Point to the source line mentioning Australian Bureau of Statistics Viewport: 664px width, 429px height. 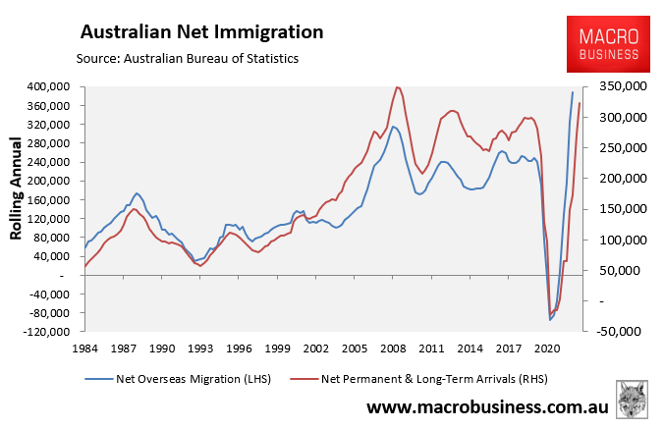194,59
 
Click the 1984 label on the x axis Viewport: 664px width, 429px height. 85,348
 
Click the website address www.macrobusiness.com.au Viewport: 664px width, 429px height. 487,406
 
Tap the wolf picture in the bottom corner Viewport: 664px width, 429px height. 631,401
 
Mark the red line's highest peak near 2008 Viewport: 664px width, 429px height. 397,86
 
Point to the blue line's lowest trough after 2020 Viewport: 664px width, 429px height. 550,319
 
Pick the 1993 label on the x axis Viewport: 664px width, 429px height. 200,348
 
